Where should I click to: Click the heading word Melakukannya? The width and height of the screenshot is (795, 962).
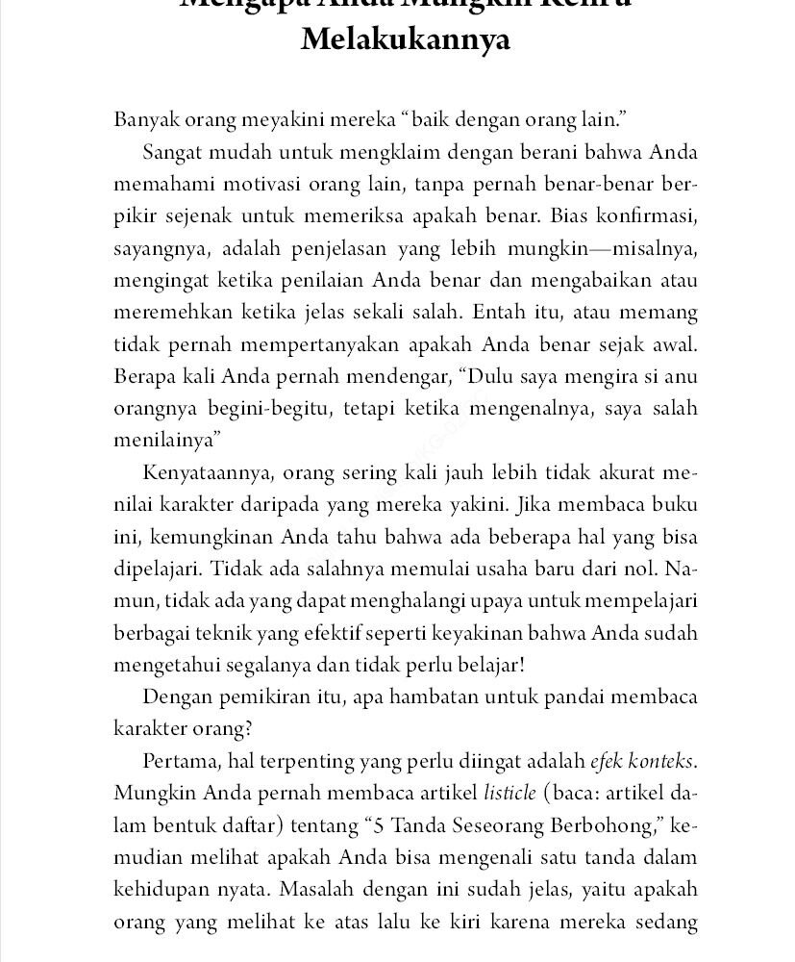[405, 41]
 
